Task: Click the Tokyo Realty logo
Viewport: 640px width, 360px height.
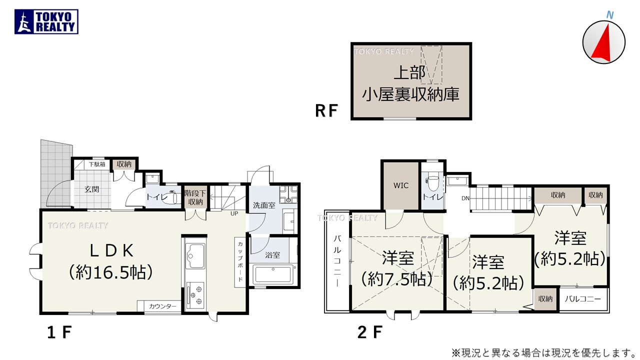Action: click(x=46, y=22)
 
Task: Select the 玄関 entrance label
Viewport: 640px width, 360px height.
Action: click(x=91, y=189)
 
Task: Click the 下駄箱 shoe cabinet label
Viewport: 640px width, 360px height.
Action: click(x=97, y=163)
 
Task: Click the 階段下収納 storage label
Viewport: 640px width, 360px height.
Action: click(x=195, y=197)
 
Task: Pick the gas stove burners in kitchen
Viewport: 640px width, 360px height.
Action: click(x=194, y=294)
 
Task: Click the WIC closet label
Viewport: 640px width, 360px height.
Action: click(x=401, y=185)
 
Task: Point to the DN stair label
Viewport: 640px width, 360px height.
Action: click(x=465, y=198)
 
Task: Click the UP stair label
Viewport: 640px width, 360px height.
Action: click(x=233, y=213)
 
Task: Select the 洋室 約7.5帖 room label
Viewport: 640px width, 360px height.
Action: click(x=397, y=268)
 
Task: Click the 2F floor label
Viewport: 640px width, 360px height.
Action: click(x=370, y=332)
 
